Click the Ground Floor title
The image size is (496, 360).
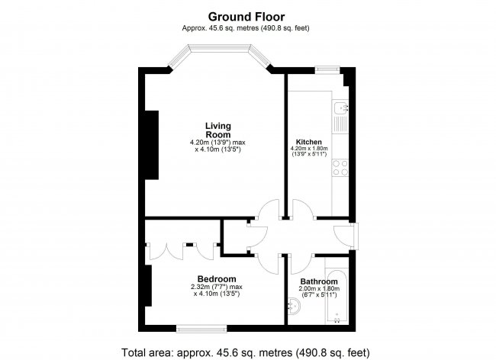tap(246, 17)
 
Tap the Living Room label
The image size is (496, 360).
tap(218, 130)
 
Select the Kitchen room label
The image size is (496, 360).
tap(309, 142)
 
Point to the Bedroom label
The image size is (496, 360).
tap(217, 279)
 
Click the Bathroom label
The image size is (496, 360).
tap(319, 281)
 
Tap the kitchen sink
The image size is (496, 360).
tap(340, 108)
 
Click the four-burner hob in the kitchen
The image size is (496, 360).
tap(340, 168)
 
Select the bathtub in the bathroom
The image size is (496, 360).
tap(337, 297)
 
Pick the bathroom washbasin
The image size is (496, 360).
tap(295, 306)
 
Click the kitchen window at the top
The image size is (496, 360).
tap(327, 69)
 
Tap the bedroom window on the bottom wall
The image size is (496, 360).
tap(201, 329)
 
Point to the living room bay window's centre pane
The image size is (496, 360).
tap(220, 47)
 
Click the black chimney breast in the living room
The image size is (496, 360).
tap(152, 145)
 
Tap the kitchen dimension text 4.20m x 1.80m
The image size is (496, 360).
tap(309, 148)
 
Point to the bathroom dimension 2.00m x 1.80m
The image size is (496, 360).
tap(319, 288)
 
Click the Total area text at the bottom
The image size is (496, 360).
tap(246, 352)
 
